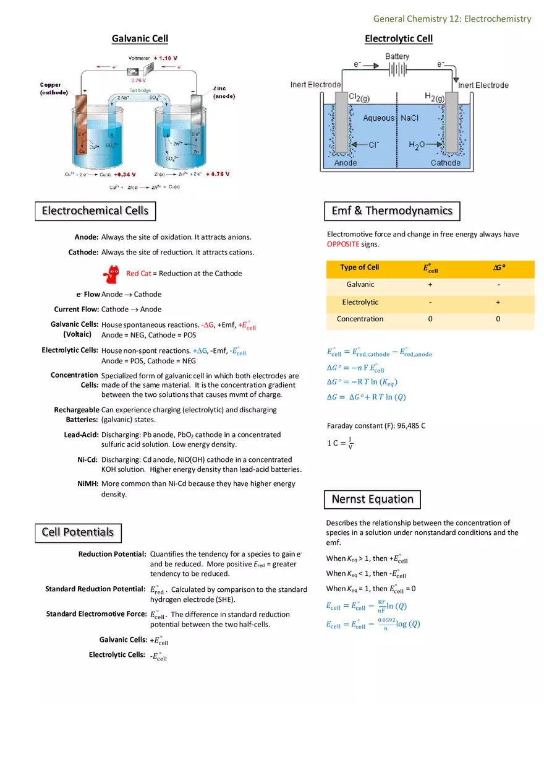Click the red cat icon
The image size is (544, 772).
click(x=113, y=272)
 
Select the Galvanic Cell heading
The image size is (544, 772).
click(x=140, y=38)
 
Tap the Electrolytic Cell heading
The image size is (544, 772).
click(x=399, y=38)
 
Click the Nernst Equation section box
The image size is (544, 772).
click(x=372, y=499)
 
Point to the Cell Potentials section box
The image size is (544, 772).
click(x=78, y=532)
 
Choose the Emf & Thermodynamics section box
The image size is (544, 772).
click(x=392, y=210)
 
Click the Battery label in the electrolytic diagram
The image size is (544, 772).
click(x=397, y=56)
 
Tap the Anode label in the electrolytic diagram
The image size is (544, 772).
click(x=346, y=163)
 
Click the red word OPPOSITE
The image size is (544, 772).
click(x=343, y=245)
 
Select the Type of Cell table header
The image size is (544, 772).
click(x=359, y=267)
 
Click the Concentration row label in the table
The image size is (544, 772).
click(x=360, y=319)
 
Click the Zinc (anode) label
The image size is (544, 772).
click(x=223, y=92)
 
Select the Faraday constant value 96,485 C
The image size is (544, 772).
click(x=403, y=426)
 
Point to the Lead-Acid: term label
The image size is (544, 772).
click(x=81, y=435)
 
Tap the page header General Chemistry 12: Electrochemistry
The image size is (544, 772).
click(x=452, y=19)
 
